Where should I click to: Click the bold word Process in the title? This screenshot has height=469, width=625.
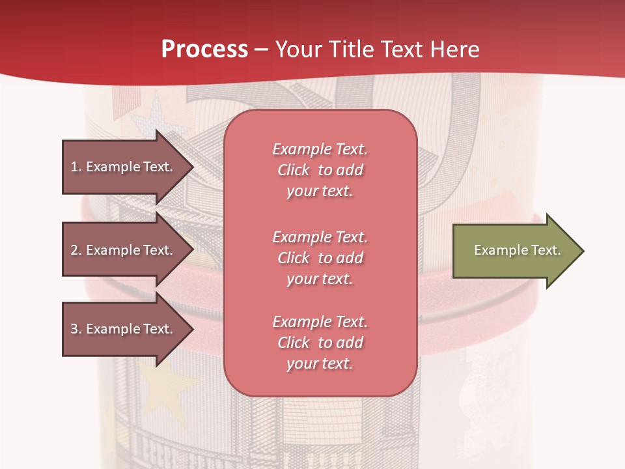pyautogui.click(x=204, y=50)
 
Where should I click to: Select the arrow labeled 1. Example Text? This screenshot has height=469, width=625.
pyautogui.click(x=124, y=167)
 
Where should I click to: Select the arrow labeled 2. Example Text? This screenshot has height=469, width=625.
pyautogui.click(x=124, y=250)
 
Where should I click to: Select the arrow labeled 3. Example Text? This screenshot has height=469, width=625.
pyautogui.click(x=124, y=329)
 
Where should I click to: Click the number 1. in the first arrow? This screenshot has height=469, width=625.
pyautogui.click(x=76, y=167)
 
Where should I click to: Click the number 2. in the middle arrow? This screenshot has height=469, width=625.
pyautogui.click(x=76, y=250)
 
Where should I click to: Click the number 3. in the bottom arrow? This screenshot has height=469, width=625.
pyautogui.click(x=76, y=329)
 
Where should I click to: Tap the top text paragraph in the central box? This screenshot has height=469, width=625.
pyautogui.click(x=320, y=170)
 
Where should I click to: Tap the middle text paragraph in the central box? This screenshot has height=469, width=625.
pyautogui.click(x=320, y=258)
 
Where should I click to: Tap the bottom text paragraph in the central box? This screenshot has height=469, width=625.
pyautogui.click(x=320, y=343)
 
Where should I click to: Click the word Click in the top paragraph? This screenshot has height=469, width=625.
pyautogui.click(x=294, y=170)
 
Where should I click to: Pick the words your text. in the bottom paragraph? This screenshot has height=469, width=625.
pyautogui.click(x=320, y=363)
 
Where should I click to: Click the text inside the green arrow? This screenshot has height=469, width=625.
pyautogui.click(x=517, y=250)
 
